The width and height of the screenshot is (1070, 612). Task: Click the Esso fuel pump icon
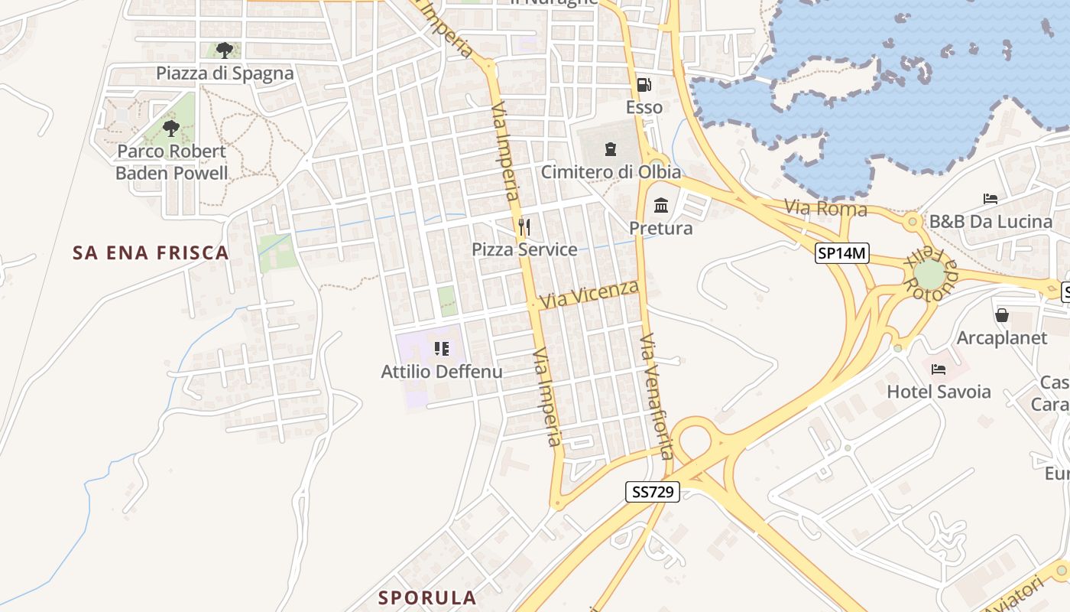(644, 84)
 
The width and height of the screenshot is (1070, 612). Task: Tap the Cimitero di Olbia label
(611, 172)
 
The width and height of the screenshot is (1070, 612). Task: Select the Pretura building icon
(661, 205)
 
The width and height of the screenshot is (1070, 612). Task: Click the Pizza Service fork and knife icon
(524, 226)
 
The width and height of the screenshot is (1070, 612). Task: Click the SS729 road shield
(653, 492)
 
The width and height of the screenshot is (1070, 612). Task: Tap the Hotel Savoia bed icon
(939, 369)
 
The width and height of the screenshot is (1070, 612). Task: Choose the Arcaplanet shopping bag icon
(1001, 314)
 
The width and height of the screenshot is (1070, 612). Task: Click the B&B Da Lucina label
(991, 222)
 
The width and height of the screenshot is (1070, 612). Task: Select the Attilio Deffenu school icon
(442, 349)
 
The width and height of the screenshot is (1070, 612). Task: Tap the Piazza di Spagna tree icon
(224, 50)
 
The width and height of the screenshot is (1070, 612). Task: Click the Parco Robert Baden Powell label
(172, 162)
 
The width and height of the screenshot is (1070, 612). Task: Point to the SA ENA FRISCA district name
(151, 252)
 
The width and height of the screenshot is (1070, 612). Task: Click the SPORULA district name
(428, 597)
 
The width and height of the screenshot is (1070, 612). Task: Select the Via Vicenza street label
(589, 295)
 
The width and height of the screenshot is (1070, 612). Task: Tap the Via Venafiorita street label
(656, 396)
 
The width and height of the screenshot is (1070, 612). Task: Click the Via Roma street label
(826, 208)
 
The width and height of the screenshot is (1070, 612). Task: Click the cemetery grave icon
(610, 148)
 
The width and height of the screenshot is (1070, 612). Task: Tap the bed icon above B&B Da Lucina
(991, 199)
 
